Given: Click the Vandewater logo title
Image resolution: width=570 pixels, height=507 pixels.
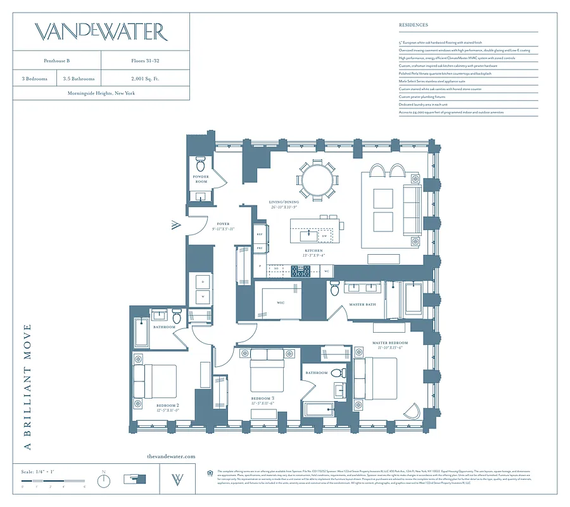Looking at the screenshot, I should (x=101, y=32).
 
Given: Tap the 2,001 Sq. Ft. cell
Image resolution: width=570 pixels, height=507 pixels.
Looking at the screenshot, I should (x=144, y=79).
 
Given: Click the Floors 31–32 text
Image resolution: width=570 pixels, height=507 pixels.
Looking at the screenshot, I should (x=144, y=61).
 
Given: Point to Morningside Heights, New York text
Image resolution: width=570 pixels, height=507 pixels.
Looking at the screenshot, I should (x=101, y=93).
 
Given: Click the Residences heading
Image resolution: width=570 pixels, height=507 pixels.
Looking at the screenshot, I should (x=413, y=25).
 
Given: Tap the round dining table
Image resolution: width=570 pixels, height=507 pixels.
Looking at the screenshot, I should (x=317, y=180).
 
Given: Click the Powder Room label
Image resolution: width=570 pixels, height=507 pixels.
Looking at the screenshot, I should (x=201, y=179).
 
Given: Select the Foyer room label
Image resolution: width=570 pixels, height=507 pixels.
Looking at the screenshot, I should (x=223, y=224).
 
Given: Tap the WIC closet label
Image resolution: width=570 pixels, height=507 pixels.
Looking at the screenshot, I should (x=280, y=303).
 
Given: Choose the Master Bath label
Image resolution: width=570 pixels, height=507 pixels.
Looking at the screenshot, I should (x=362, y=305).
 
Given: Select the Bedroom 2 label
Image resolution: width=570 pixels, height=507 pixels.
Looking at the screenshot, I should (x=168, y=406).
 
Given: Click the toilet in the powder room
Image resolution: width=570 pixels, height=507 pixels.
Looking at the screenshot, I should (x=201, y=162).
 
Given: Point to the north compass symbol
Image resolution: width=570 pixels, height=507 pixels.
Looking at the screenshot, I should (x=104, y=480).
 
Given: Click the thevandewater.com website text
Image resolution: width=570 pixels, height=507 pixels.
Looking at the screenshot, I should (x=171, y=456).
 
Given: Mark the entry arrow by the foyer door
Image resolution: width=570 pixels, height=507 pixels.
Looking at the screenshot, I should (x=175, y=225).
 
